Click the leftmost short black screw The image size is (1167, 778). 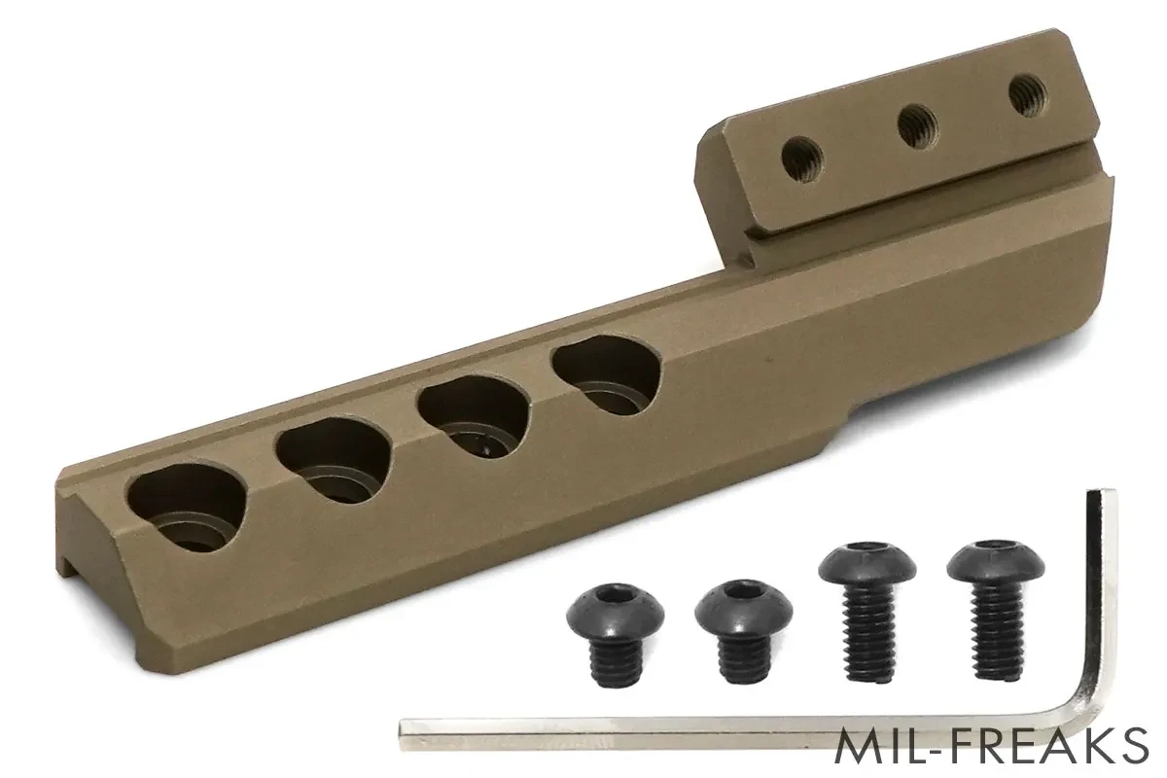(616, 634)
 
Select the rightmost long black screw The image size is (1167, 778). (996, 610)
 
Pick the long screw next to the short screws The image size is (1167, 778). (867, 611)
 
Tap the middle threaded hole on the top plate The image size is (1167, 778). (917, 124)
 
